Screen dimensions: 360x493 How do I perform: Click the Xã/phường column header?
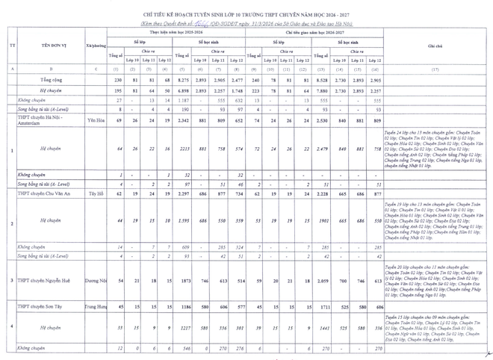[96, 46]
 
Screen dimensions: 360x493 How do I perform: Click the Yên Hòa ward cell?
[96, 120]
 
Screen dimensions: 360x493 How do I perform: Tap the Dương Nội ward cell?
[96, 280]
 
